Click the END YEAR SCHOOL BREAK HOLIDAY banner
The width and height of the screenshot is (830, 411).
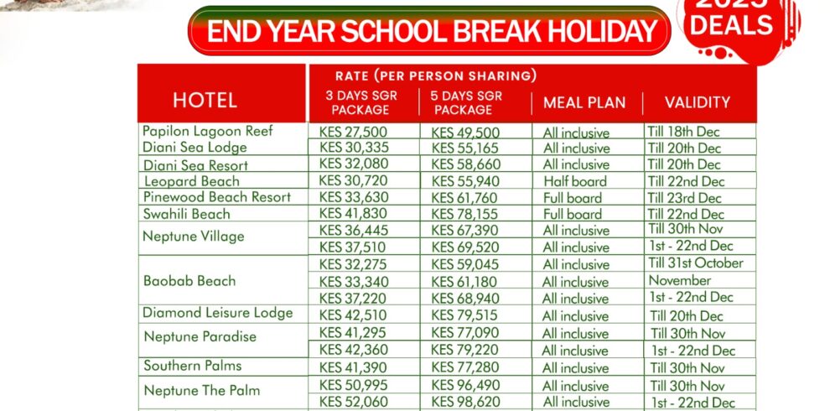click(429, 31)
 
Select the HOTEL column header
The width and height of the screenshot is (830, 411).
click(205, 101)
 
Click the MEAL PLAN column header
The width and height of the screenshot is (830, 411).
click(584, 103)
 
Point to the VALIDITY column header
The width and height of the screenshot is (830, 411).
click(697, 103)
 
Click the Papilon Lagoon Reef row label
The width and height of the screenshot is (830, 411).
click(207, 131)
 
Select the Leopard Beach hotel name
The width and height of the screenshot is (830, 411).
click(191, 180)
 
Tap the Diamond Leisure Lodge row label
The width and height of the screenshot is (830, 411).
click(217, 313)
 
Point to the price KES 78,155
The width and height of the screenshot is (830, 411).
click(464, 214)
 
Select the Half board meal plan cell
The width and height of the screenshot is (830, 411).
click(575, 181)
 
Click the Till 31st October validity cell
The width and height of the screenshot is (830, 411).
click(695, 263)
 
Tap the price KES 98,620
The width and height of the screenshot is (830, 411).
click(464, 403)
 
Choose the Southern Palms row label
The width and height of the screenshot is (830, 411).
click(192, 366)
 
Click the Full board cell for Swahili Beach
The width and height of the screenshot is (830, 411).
click(572, 214)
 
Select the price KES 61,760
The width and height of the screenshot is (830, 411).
click(464, 198)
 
